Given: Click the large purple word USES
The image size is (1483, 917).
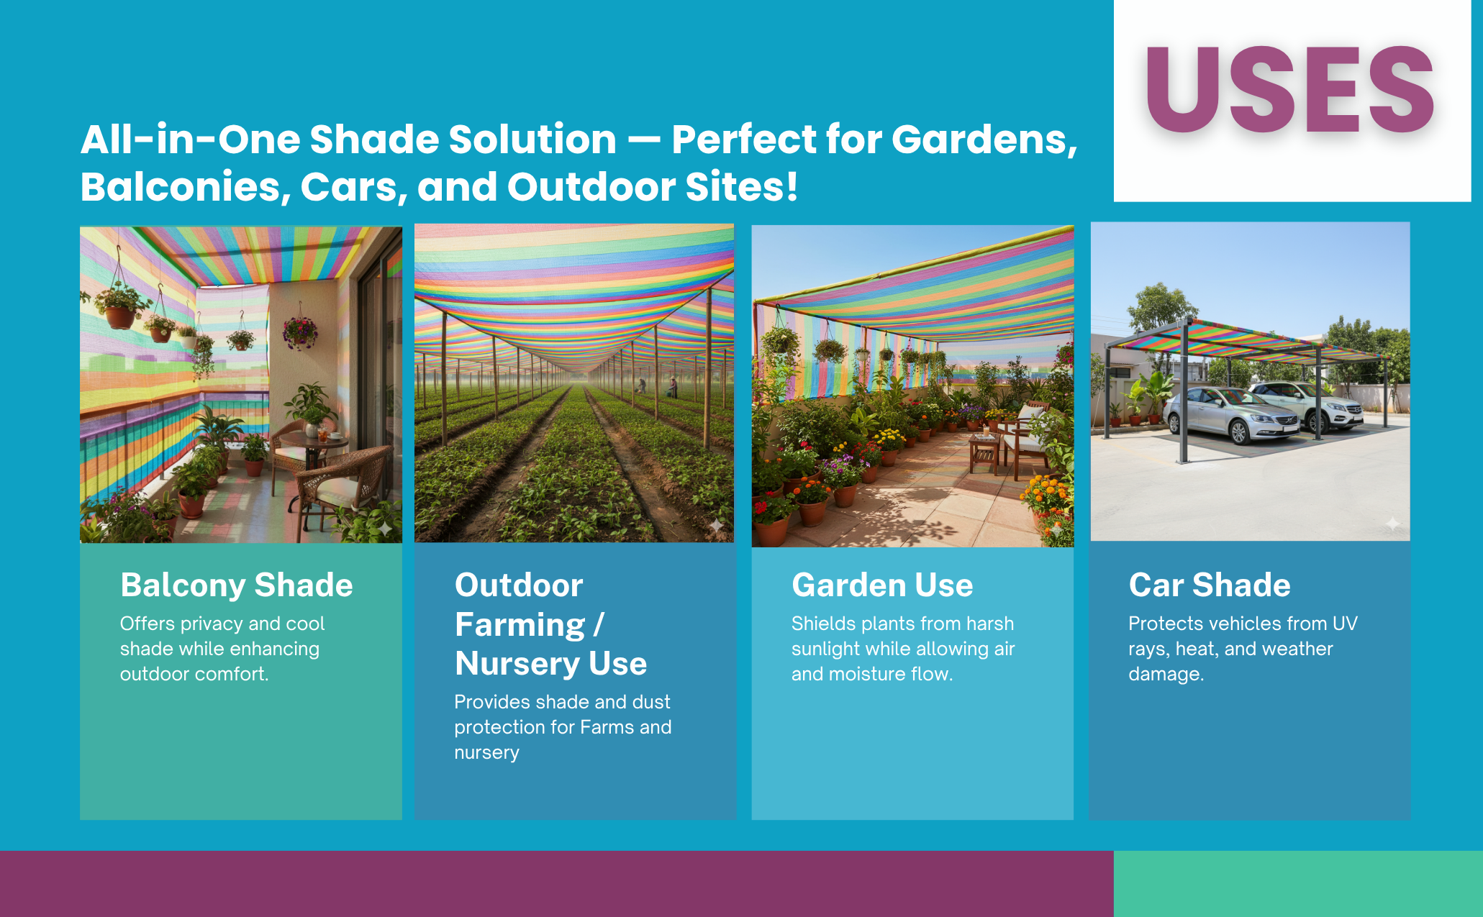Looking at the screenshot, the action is coord(1291,90).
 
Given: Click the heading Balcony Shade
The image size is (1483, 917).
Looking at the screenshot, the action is coord(237,585).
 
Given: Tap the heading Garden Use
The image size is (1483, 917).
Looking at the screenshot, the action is coord(882,585).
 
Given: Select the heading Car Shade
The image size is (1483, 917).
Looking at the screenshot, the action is coord(1210,585).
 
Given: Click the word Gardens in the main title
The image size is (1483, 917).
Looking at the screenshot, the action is coord(984,140).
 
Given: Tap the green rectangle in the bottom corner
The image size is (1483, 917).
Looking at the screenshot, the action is coord(1298,884).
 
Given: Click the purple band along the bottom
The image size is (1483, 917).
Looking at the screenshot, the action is coord(557,884).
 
